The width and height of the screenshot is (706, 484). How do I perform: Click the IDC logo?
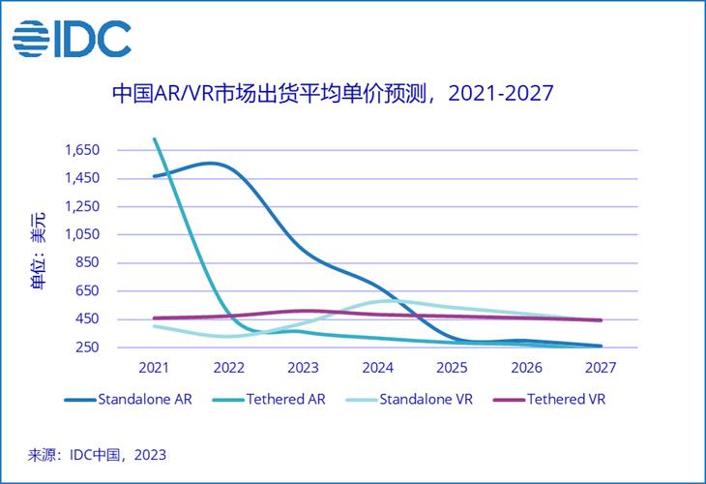click(x=72, y=39)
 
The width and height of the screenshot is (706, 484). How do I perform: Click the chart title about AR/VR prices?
click(x=332, y=94)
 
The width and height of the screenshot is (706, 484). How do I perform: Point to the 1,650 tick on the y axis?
click(x=82, y=150)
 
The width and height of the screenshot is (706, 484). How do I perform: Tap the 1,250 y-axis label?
click(x=82, y=206)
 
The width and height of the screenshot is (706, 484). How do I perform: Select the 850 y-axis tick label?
click(x=88, y=262)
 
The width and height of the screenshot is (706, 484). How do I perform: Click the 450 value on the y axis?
click(x=88, y=318)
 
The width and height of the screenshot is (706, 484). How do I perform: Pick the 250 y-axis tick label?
click(x=88, y=347)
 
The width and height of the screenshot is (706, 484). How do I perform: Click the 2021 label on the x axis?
click(x=154, y=369)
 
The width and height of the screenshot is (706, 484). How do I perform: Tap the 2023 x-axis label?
click(x=305, y=369)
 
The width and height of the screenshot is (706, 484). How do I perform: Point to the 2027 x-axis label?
click(x=601, y=369)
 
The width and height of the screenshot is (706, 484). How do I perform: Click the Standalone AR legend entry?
click(x=130, y=399)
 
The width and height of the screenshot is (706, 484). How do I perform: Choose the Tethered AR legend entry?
click(x=271, y=399)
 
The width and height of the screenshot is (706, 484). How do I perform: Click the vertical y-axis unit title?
click(x=36, y=254)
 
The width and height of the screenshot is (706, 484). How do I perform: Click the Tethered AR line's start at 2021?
click(x=156, y=140)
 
